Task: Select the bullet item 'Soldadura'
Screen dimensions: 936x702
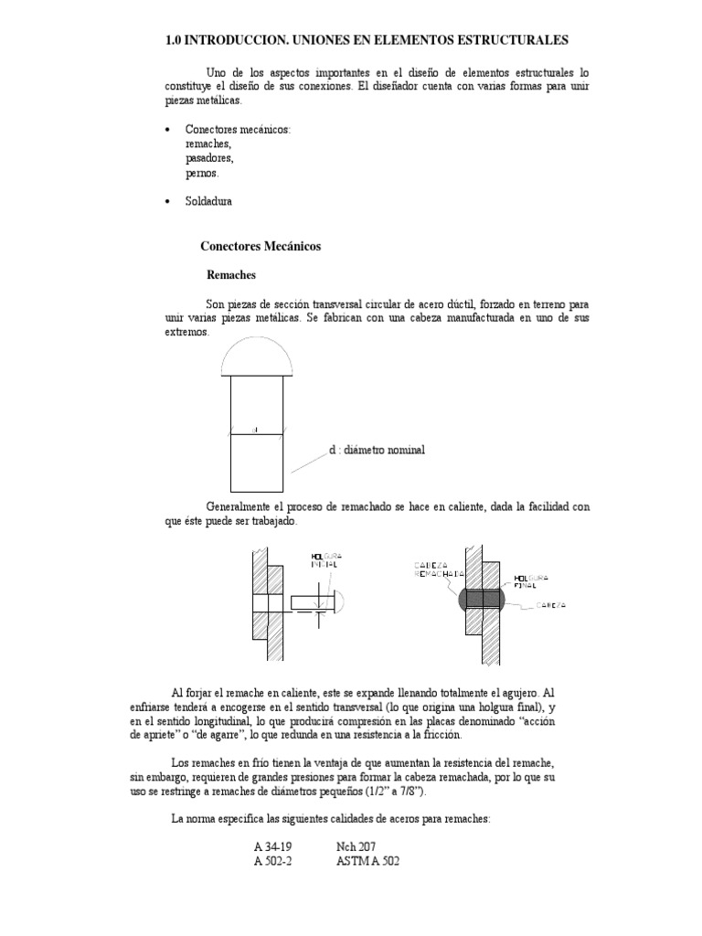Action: click(208, 201)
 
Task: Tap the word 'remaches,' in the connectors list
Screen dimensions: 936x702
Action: click(208, 144)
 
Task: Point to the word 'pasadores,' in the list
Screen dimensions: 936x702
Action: click(209, 158)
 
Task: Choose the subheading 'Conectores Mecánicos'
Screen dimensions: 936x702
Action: click(261, 246)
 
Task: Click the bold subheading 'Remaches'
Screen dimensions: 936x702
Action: click(231, 273)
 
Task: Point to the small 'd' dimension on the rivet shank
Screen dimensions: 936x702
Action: click(257, 428)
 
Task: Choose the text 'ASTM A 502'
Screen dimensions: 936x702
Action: click(368, 861)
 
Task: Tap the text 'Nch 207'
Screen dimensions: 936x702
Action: click(356, 846)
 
